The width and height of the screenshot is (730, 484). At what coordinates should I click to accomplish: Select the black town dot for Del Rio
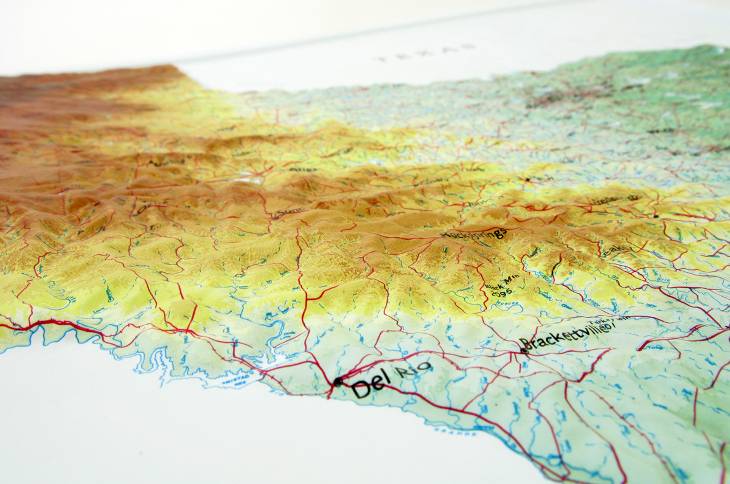[338, 381]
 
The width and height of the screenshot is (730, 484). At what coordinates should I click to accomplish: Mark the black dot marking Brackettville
[524, 350]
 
